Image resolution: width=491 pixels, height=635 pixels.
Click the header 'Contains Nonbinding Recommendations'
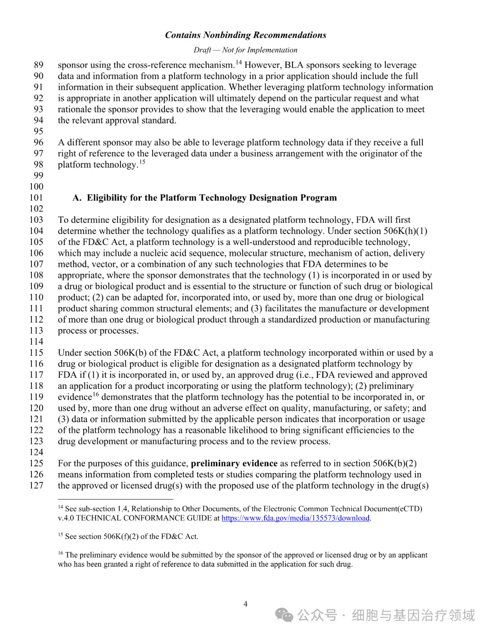coord(245,35)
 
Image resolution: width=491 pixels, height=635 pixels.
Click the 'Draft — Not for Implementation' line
coord(245,50)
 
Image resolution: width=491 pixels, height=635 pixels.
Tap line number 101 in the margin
coord(36,198)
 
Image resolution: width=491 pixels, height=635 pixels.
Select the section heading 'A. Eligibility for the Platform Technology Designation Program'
coord(205,198)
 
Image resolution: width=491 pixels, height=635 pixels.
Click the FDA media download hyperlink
coord(296,518)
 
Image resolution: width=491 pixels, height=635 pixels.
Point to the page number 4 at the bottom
coord(245,604)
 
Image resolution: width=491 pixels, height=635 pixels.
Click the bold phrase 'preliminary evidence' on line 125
coord(234,463)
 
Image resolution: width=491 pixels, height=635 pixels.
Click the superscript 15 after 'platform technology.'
coord(142,162)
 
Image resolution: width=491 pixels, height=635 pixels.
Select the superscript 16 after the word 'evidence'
coord(96,395)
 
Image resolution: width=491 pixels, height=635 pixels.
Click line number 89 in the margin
coord(39,65)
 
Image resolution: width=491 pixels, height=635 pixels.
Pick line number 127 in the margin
coord(36,485)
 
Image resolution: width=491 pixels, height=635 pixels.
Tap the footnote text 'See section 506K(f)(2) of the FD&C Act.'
coord(132,536)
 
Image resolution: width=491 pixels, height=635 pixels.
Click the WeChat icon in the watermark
coord(285,615)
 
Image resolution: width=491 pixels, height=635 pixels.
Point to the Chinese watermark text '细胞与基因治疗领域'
coord(413,615)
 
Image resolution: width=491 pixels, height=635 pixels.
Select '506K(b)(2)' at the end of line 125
coord(395,463)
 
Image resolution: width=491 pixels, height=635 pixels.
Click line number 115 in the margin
coord(36,353)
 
